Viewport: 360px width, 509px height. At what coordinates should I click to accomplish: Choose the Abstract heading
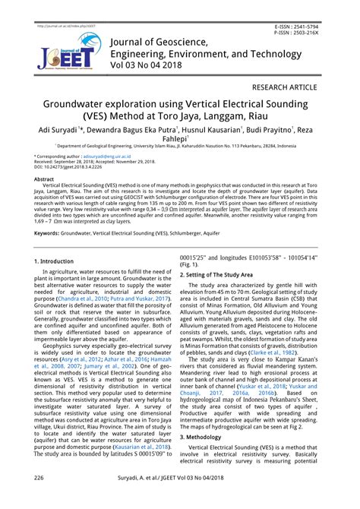(x=44, y=179)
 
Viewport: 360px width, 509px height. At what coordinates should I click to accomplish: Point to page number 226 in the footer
(x=39, y=498)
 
